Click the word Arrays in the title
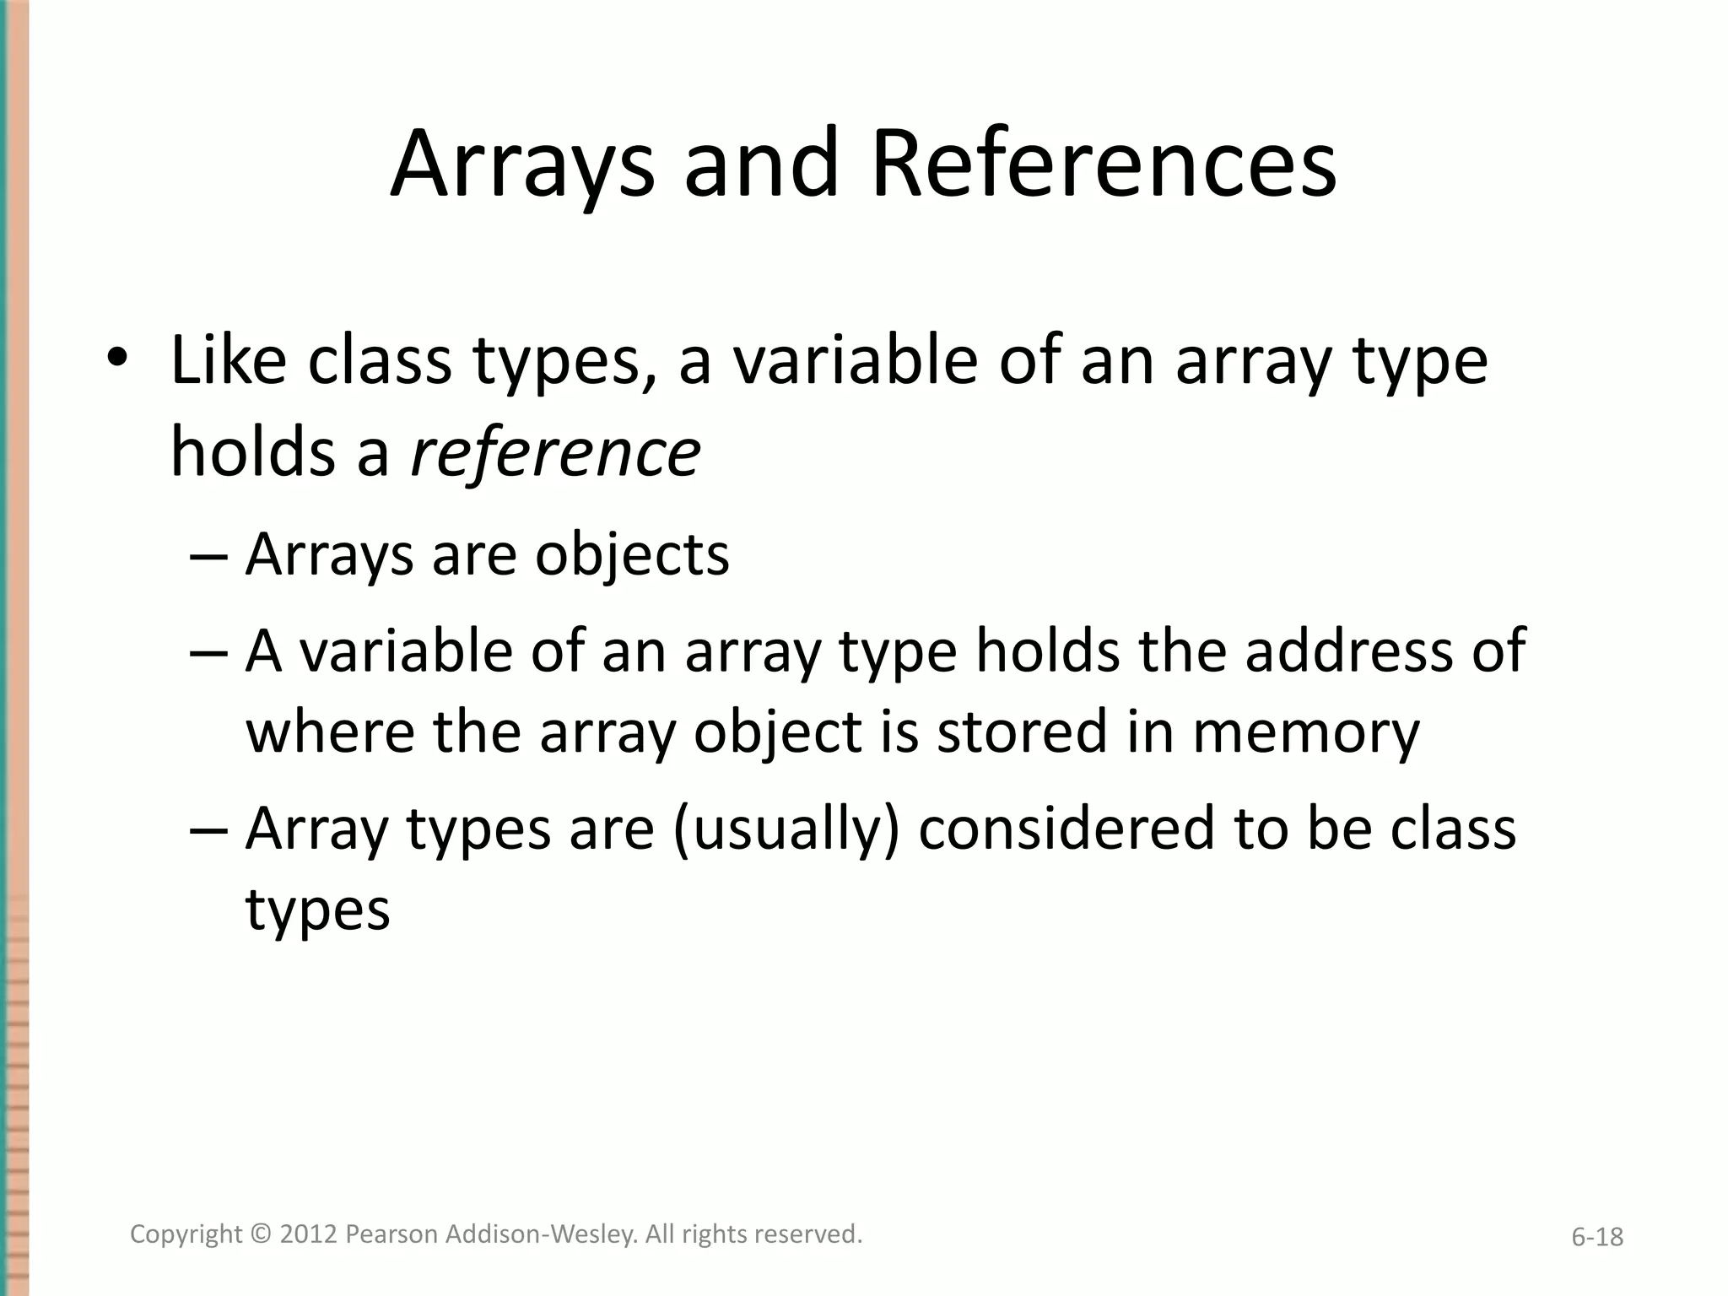521,165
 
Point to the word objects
632,555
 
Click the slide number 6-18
1597,1237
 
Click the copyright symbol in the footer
261,1234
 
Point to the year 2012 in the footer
308,1234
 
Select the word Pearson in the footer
391,1234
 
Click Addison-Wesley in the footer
540,1234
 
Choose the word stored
1022,732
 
